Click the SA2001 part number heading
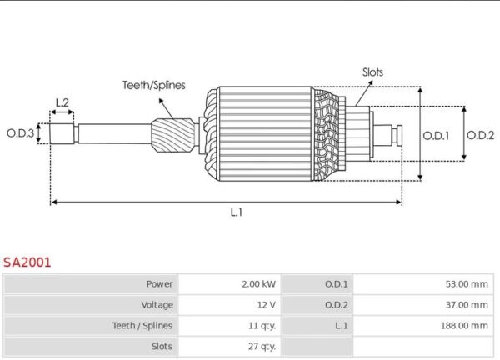click(x=27, y=262)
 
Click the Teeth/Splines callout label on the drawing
click(x=154, y=85)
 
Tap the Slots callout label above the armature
click(x=372, y=72)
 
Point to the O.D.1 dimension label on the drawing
click(x=436, y=134)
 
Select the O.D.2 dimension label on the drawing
click(x=480, y=134)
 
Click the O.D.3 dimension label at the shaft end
click(x=20, y=132)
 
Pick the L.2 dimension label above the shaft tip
click(x=62, y=103)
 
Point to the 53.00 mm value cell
click(x=467, y=284)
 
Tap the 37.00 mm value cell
click(x=467, y=305)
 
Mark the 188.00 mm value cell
click(x=464, y=326)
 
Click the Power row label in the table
click(x=159, y=284)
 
